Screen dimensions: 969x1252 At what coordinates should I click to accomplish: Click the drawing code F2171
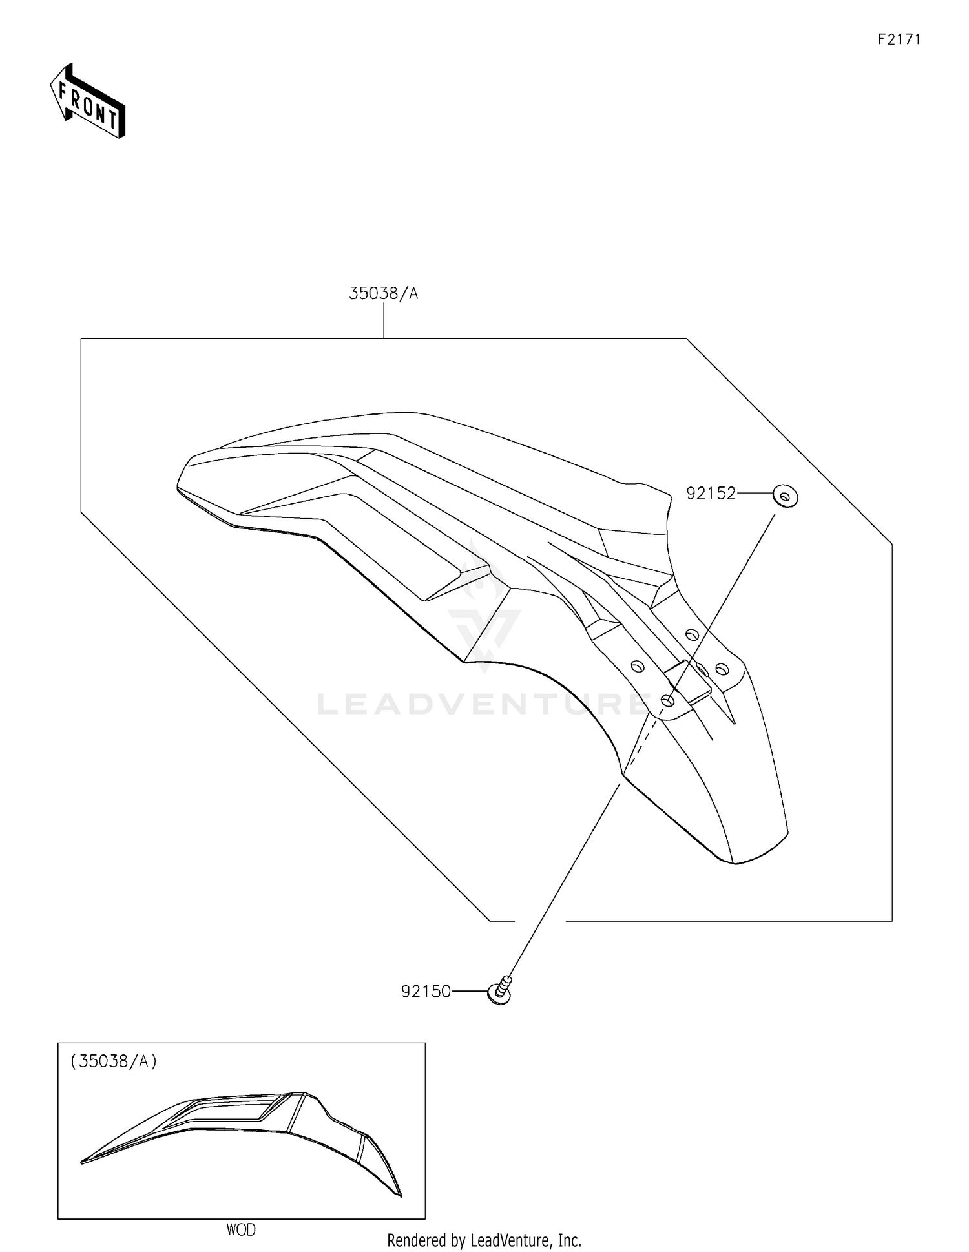pyautogui.click(x=899, y=39)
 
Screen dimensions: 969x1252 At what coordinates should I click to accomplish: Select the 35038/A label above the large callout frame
pyautogui.click(x=384, y=294)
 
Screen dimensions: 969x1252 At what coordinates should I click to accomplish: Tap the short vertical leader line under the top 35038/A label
pyautogui.click(x=384, y=320)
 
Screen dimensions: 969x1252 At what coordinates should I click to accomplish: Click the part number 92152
pyautogui.click(x=711, y=494)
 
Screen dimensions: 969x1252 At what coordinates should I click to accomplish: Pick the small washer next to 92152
pyautogui.click(x=786, y=497)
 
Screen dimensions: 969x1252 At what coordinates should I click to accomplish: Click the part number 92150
pyautogui.click(x=426, y=992)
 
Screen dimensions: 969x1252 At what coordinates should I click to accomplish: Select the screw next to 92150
pyautogui.click(x=500, y=990)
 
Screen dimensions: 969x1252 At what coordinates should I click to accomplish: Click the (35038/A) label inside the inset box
pyautogui.click(x=114, y=1061)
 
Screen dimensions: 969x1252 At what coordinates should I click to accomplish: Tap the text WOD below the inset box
pyautogui.click(x=241, y=1229)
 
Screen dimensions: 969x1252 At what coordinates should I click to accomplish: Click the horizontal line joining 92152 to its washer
pyautogui.click(x=755, y=494)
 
